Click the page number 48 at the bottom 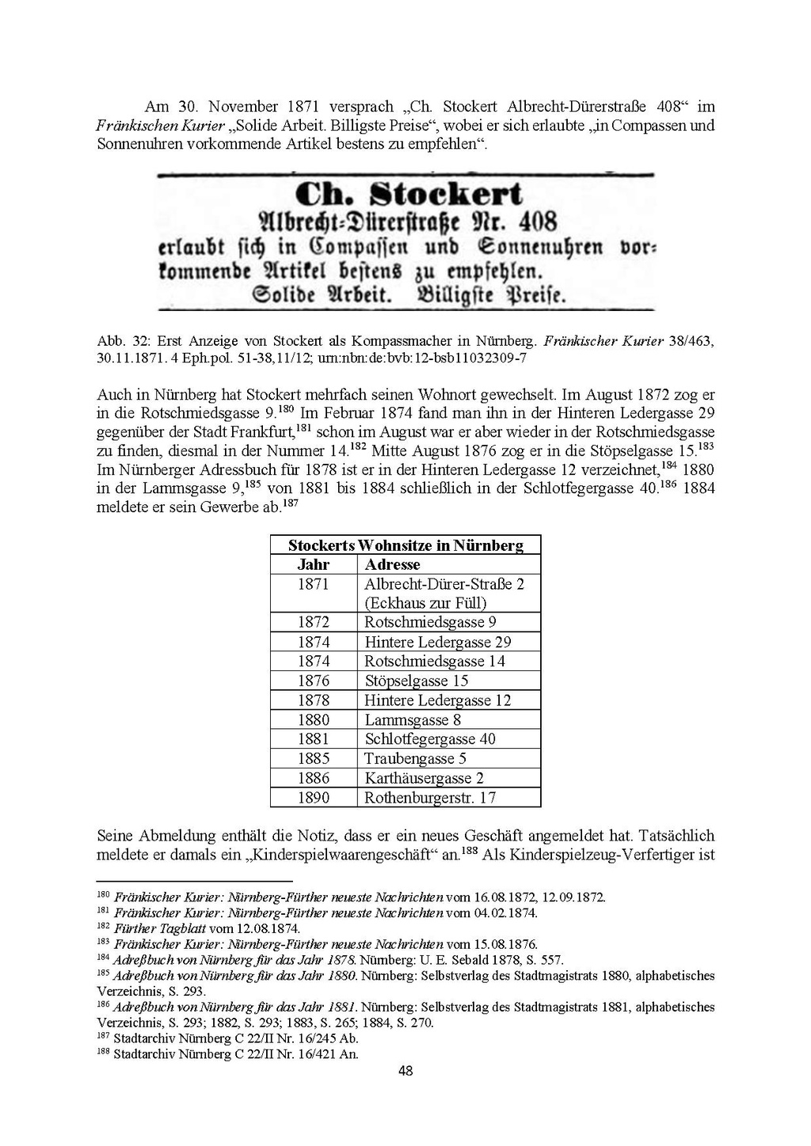pos(405,1071)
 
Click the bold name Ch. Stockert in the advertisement pos(408,195)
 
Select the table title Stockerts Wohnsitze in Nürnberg pos(405,545)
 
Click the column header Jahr pos(313,564)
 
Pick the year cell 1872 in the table pos(313,622)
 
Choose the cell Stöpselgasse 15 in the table pos(417,681)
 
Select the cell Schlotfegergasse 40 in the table pos(430,738)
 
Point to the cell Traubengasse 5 pos(415,758)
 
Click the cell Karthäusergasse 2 pos(424,778)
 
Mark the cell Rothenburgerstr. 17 pos(430,797)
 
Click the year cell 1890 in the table pos(313,797)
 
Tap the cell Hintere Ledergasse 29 pos(438,642)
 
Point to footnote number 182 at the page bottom pos(102,927)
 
